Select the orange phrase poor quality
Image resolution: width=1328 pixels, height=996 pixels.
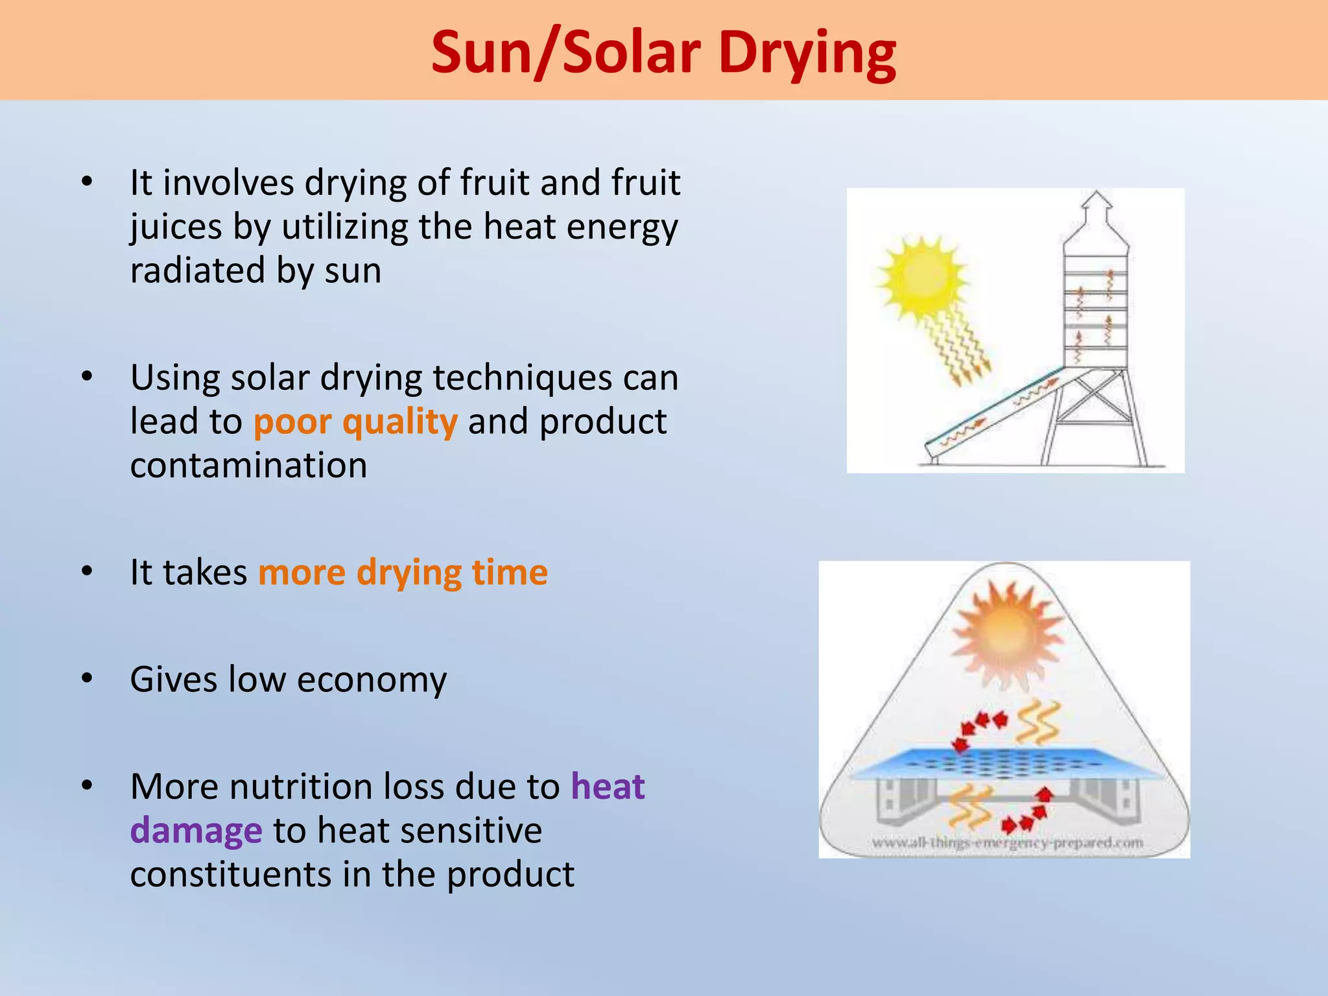[x=355, y=422]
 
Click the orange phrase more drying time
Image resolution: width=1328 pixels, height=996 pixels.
[x=403, y=573]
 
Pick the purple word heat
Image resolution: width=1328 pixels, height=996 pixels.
[x=608, y=787]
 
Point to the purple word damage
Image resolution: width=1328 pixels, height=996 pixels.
[x=196, y=831]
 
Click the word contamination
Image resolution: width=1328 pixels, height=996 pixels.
[x=248, y=466]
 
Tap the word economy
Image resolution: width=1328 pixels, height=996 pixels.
[x=372, y=680]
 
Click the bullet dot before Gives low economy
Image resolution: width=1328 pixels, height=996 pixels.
[x=88, y=678]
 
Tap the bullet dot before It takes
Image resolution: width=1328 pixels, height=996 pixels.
[x=88, y=571]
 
